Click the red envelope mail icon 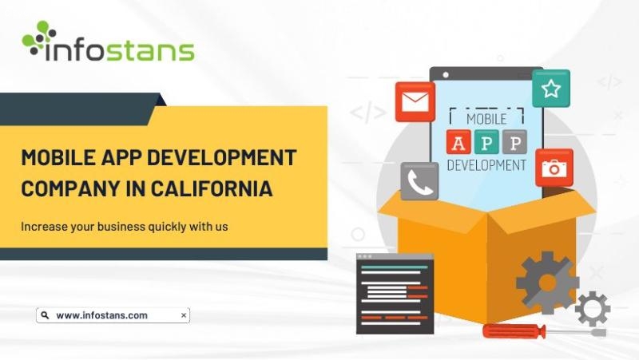[415, 102]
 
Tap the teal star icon [551, 89]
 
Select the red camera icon [554, 168]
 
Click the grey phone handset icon [419, 181]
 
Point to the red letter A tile [458, 142]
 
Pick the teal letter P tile [486, 142]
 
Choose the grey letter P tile [514, 142]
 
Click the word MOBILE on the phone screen [486, 119]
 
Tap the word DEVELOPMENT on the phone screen [486, 165]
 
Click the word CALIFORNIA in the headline [212, 188]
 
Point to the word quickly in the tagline [167, 227]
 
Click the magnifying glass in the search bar [46, 315]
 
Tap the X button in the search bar [184, 315]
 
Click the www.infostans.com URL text [102, 315]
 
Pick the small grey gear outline [593, 309]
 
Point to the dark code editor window [395, 294]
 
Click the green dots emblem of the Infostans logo [38, 38]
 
